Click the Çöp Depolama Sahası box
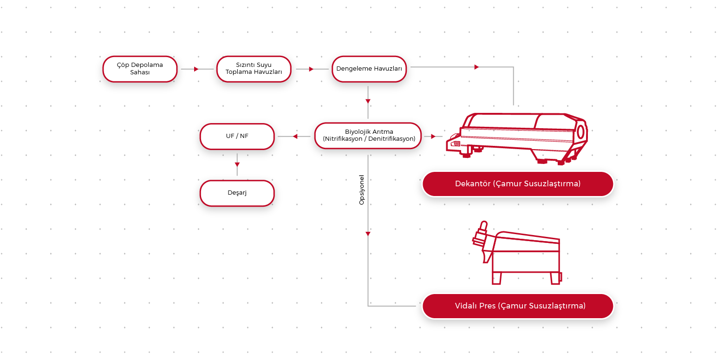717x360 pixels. [x=140, y=69]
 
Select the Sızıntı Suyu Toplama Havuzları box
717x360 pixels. [x=254, y=69]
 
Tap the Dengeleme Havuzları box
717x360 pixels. [x=369, y=69]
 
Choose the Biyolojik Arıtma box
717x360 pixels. [x=369, y=135]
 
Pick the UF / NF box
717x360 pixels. [x=237, y=136]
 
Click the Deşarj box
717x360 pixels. [x=237, y=193]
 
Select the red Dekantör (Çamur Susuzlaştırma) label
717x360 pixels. [x=517, y=183]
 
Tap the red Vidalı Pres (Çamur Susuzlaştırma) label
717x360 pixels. [x=517, y=306]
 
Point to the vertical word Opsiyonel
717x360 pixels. [x=362, y=190]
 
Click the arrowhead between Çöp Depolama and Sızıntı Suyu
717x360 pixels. [x=196, y=69]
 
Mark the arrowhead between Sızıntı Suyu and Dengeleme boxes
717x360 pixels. [x=311, y=69]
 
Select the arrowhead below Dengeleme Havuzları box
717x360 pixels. [x=368, y=101]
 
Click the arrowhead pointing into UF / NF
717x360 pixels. [x=295, y=136]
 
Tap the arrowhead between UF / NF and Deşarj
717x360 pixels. [x=237, y=164]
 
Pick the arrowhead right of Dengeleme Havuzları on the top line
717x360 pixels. [x=476, y=67]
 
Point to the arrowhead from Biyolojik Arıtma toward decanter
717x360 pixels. [x=433, y=136]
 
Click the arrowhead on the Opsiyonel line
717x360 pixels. [x=368, y=234]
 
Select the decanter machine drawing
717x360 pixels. [x=517, y=137]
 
